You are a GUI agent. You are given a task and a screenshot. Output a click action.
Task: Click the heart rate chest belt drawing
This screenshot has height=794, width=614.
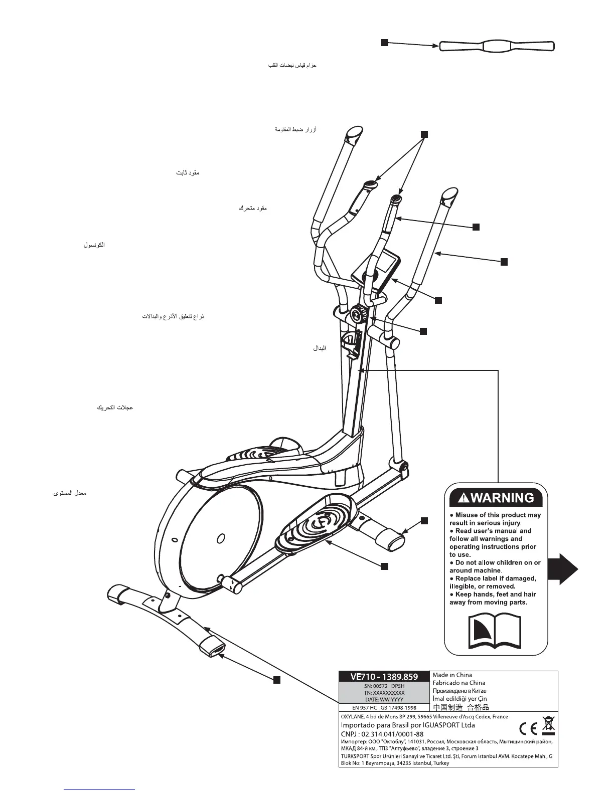pos(497,46)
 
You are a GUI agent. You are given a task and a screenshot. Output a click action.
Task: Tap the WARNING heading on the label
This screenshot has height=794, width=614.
pos(496,498)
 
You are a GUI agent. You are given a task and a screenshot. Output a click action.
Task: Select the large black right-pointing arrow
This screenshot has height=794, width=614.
pos(562,568)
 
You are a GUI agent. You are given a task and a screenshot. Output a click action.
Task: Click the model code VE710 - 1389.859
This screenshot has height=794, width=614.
pos(384,677)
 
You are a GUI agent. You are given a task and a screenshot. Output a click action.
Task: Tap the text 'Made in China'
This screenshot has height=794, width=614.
pos(452,675)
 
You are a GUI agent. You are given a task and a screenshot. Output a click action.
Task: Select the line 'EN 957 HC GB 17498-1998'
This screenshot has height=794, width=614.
pos(384,708)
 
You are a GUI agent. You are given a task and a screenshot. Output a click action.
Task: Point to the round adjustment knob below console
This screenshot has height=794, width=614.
pos(359,315)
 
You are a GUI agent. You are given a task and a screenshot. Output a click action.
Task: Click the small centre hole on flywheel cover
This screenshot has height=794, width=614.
pos(220,539)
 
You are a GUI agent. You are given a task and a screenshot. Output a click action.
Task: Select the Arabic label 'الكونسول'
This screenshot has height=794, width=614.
pos(94,246)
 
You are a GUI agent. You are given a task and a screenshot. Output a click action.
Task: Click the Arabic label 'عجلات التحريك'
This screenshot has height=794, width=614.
pos(114,408)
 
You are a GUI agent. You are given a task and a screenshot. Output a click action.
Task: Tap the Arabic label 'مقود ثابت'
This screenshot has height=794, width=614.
pos(188,173)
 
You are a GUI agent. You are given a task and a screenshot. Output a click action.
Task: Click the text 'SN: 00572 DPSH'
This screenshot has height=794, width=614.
pos(384,686)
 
